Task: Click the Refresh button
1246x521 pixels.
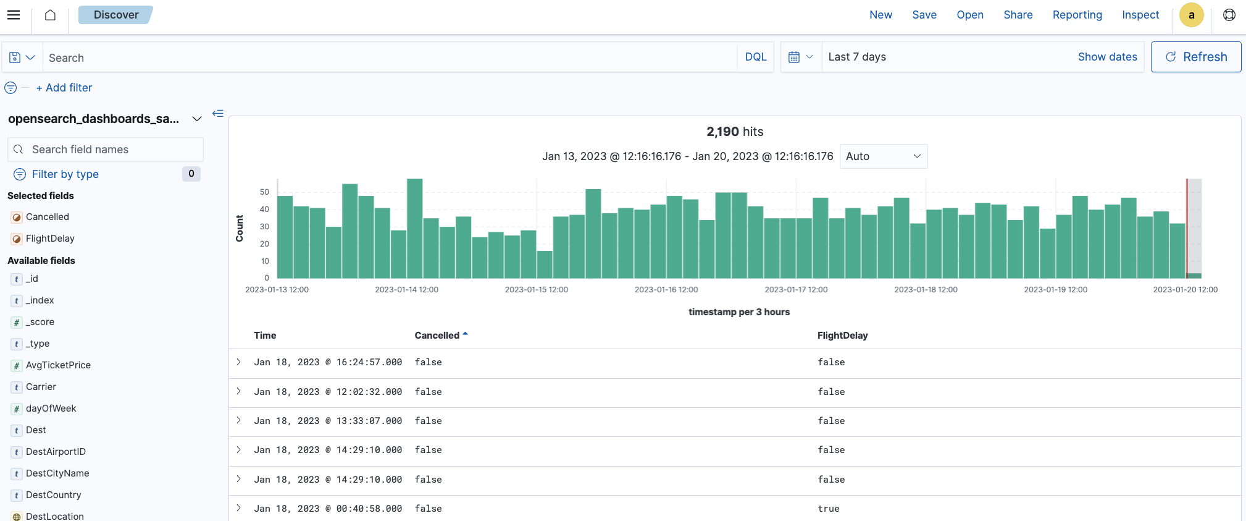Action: coord(1195,57)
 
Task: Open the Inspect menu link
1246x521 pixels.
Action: coord(1140,15)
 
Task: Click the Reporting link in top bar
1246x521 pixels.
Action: coord(1077,15)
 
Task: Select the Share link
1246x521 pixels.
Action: coord(1018,15)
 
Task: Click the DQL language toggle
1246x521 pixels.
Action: coord(755,57)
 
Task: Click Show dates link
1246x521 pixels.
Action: coord(1107,57)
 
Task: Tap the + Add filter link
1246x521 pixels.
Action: coord(64,88)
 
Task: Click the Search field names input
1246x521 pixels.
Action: coord(111,150)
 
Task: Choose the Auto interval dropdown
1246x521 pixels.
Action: coord(883,156)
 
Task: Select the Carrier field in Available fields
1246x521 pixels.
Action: coord(41,387)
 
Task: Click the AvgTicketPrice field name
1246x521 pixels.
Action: coord(58,365)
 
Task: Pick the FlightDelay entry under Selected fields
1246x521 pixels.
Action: coord(50,239)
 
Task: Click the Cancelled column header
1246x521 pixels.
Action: coord(437,336)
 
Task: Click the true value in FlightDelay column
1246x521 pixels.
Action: coord(828,509)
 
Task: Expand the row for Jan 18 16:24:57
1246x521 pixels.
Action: coord(239,362)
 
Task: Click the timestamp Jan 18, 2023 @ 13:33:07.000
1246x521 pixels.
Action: coord(328,421)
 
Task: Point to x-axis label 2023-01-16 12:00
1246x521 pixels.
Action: coord(666,289)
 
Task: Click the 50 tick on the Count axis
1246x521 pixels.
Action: coord(264,192)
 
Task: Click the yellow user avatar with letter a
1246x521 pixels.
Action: coord(1191,15)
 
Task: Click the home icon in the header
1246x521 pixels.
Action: coord(50,15)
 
